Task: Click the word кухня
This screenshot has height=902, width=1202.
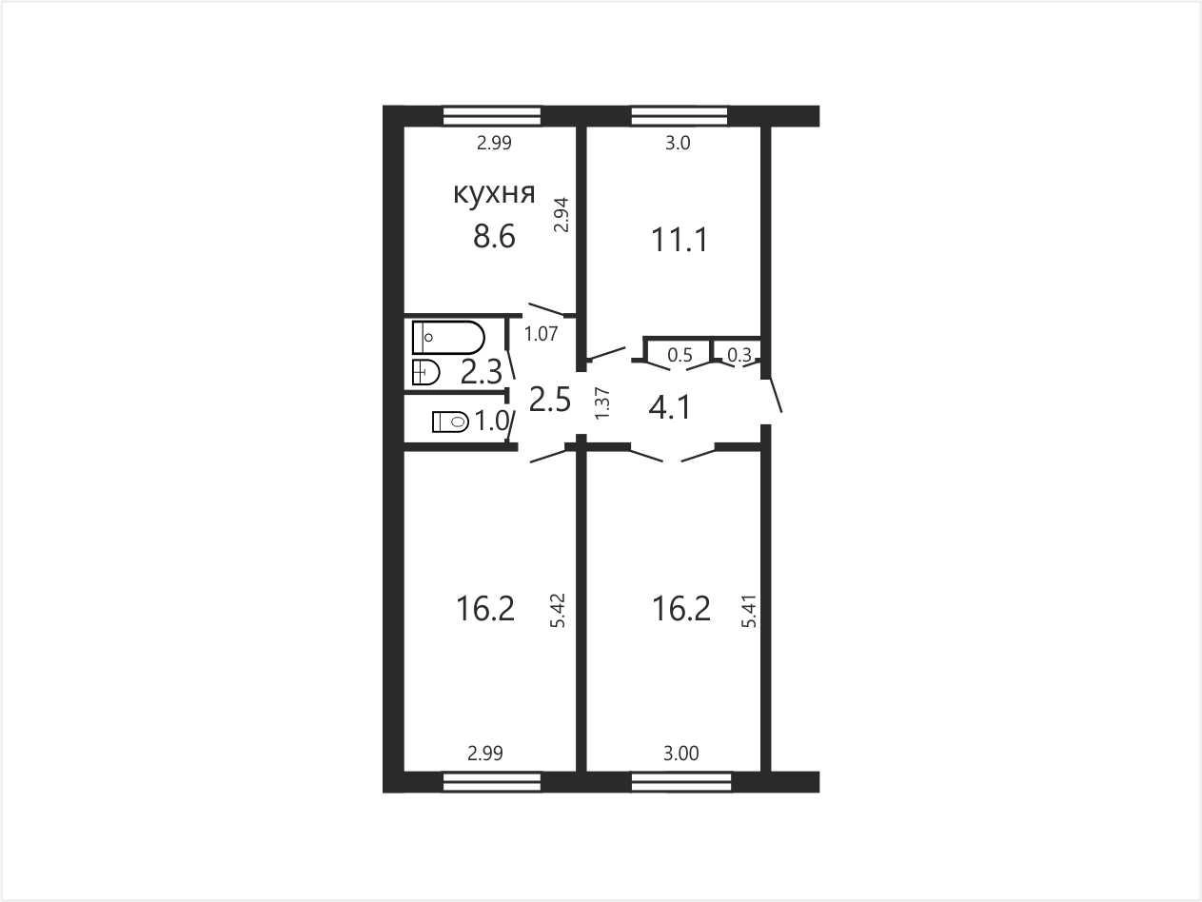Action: coord(494,194)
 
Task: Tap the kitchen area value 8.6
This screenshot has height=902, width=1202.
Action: coord(494,237)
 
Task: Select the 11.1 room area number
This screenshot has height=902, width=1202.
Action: coord(680,240)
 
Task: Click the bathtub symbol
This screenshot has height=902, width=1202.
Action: coord(448,337)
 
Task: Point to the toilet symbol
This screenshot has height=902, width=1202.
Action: coord(450,422)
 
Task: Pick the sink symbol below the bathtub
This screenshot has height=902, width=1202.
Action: coord(426,373)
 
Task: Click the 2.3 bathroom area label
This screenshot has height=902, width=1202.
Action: coord(481,372)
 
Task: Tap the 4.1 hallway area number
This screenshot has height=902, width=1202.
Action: coord(669,408)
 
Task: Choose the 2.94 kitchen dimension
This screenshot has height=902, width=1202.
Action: coord(562,214)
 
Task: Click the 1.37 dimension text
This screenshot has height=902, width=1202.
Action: coord(602,404)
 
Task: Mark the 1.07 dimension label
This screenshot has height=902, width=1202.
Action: coord(541,333)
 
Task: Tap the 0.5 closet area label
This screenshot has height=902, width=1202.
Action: coord(680,355)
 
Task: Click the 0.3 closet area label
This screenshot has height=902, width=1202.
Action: coord(739,355)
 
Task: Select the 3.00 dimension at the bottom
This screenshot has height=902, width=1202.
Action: coord(680,754)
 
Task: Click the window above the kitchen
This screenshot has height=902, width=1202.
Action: coord(491,116)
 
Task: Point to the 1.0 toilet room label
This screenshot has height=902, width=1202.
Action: coord(491,422)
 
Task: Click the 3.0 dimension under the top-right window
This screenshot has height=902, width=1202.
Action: coord(678,144)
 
